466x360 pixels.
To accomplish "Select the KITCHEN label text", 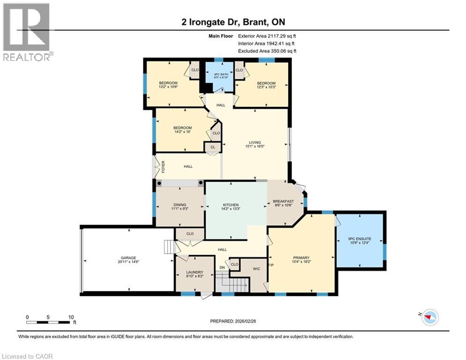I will click(x=231, y=205).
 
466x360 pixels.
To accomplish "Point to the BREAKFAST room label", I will click(x=283, y=202).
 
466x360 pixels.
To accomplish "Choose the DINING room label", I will click(x=180, y=205).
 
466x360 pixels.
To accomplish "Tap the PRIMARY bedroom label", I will click(x=301, y=257).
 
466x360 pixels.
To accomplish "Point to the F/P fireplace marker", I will click(x=271, y=265).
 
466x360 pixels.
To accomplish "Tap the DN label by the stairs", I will click(x=222, y=268).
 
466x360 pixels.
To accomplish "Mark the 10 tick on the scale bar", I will click(x=71, y=317).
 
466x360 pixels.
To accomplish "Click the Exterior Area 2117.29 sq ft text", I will click(x=267, y=36).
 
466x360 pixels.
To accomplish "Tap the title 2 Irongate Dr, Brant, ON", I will click(x=233, y=22).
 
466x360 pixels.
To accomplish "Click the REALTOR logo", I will click(x=27, y=32).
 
